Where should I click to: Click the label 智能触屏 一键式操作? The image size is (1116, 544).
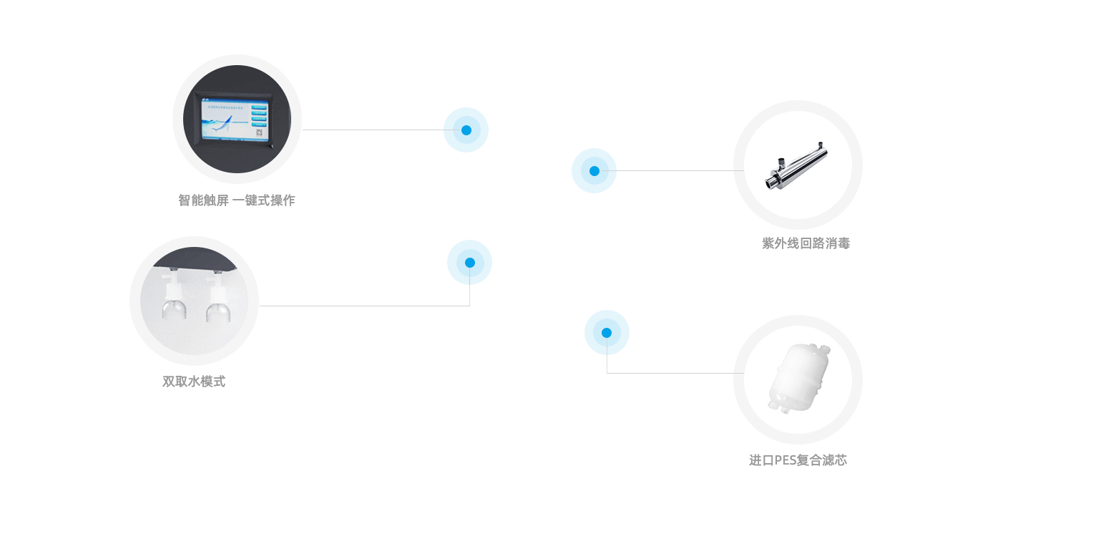[236, 200]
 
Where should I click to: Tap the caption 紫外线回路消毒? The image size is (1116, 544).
[806, 243]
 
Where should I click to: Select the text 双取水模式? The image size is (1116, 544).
[194, 382]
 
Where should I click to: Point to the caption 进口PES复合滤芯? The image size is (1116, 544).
[798, 460]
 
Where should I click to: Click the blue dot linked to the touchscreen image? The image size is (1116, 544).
[466, 130]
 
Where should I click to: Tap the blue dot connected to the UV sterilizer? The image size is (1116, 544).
[594, 170]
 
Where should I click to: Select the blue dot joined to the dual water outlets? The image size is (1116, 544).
[469, 262]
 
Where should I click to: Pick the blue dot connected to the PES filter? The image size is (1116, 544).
[607, 332]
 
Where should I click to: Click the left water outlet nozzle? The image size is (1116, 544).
[172, 301]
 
